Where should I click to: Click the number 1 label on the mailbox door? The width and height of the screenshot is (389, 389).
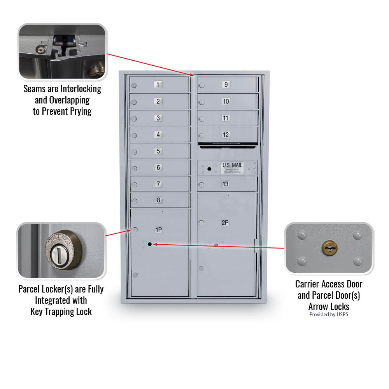tap(158, 84)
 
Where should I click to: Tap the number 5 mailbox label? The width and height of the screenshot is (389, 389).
tap(158, 151)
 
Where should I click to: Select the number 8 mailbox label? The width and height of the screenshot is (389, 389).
tap(158, 200)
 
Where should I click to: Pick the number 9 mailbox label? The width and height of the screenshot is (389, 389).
tap(226, 84)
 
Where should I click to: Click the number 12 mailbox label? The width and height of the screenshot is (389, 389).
tap(226, 135)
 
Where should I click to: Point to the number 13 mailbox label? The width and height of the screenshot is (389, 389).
tap(226, 184)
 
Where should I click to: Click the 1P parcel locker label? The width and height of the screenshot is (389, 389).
tap(159, 230)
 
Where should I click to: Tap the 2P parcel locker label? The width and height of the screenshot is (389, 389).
tap(225, 223)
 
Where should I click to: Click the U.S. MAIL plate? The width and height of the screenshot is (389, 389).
tap(232, 168)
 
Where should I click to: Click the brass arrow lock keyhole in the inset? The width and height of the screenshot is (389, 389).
tap(329, 248)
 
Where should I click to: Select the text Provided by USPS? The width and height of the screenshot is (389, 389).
tap(329, 314)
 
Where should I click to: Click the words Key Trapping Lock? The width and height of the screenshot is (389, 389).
tap(61, 312)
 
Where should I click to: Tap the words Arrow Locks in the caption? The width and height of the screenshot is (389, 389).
tap(329, 306)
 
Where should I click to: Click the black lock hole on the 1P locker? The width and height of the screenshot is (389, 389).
tap(149, 244)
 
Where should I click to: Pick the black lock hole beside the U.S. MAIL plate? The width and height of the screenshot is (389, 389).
tap(209, 169)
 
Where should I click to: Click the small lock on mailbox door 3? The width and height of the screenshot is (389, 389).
tap(134, 119)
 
